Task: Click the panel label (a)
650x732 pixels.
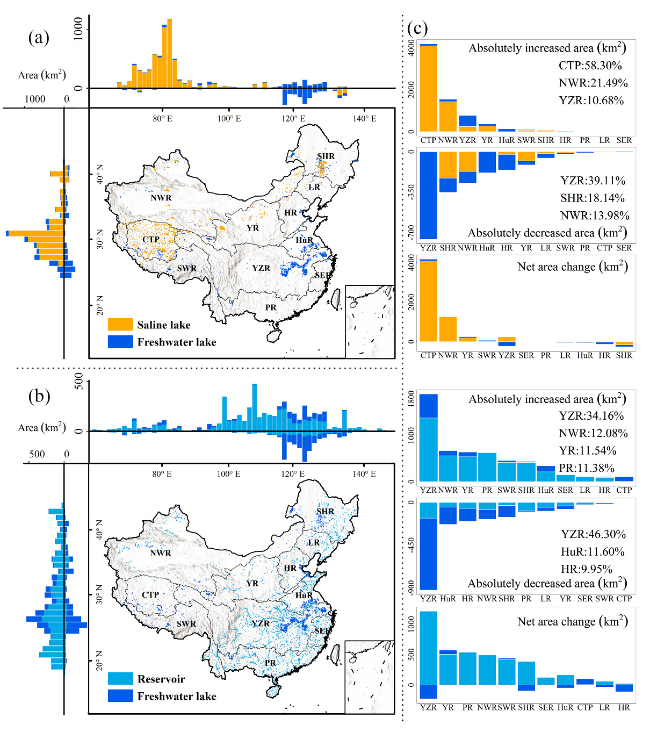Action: click(39, 37)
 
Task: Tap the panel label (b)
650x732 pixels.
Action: click(39, 396)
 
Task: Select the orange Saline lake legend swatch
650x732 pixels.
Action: click(120, 325)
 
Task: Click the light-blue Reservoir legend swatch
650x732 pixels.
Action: click(120, 679)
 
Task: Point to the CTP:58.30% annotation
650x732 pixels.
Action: click(590, 66)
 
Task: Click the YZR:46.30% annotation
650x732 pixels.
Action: click(593, 534)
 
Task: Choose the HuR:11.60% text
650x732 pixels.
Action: click(593, 552)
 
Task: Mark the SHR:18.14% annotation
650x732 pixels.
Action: click(593, 198)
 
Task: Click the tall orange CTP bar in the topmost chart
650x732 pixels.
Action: click(428, 89)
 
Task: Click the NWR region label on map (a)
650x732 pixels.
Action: click(161, 198)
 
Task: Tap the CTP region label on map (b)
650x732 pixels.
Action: click(150, 595)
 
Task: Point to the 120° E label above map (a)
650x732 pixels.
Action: click(293, 118)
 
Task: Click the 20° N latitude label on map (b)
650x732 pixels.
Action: click(99, 660)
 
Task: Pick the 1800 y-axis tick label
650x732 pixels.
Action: click(411, 398)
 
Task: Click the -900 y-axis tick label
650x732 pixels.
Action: click(411, 587)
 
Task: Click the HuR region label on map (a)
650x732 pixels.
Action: click(304, 240)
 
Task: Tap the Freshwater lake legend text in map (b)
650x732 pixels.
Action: click(177, 697)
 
